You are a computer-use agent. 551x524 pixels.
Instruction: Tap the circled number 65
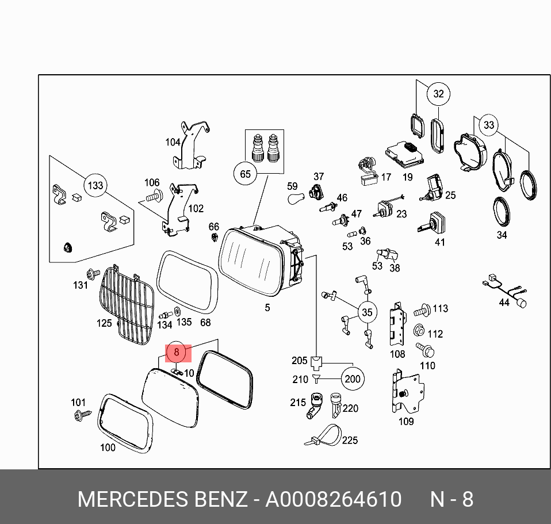(246, 174)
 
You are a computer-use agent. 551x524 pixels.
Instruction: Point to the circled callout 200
(352, 378)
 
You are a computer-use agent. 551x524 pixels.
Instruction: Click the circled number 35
(367, 313)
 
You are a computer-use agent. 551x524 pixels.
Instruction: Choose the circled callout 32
(439, 94)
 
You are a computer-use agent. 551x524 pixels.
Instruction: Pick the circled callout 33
(488, 125)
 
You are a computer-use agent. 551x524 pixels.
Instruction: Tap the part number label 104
(173, 142)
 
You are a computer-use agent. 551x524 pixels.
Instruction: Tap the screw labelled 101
(81, 414)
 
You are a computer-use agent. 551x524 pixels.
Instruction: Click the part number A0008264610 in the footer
(333, 499)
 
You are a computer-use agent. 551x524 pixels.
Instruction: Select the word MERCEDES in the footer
(131, 499)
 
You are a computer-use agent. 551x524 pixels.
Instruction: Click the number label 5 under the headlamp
(267, 308)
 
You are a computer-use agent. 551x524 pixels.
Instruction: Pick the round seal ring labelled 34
(502, 212)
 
